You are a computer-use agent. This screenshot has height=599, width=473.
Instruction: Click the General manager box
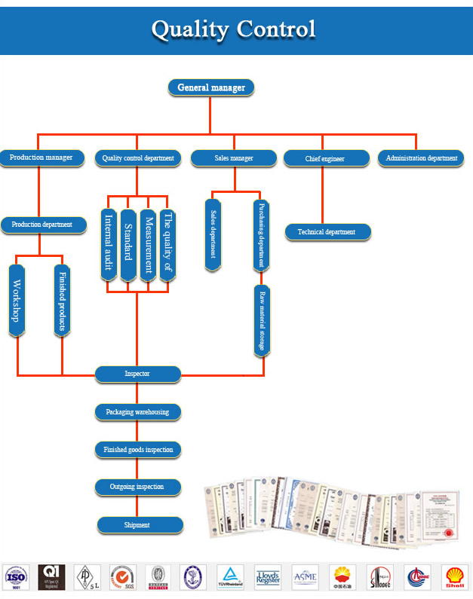(211, 87)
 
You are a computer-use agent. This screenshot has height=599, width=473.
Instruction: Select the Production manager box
(41, 157)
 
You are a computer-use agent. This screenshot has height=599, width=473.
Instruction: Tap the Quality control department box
(138, 158)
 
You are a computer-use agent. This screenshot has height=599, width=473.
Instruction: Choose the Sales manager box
(232, 158)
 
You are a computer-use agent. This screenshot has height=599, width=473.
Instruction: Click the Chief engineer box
(325, 159)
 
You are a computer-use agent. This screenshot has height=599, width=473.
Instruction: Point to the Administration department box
(421, 158)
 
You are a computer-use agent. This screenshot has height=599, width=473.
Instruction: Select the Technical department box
(327, 232)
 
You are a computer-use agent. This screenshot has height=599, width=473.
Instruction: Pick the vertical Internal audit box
(109, 246)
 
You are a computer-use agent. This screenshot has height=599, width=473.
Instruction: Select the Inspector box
(138, 374)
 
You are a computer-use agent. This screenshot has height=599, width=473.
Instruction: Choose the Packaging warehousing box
(138, 412)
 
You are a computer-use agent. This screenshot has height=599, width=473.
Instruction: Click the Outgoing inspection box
(138, 487)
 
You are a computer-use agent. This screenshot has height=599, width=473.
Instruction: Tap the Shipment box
(139, 525)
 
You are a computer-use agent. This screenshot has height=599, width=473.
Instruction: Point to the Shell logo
(454, 577)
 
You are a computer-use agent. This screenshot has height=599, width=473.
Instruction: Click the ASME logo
(306, 577)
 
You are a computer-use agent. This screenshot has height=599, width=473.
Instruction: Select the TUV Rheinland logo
(230, 577)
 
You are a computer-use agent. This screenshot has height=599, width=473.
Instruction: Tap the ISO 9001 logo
(16, 578)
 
